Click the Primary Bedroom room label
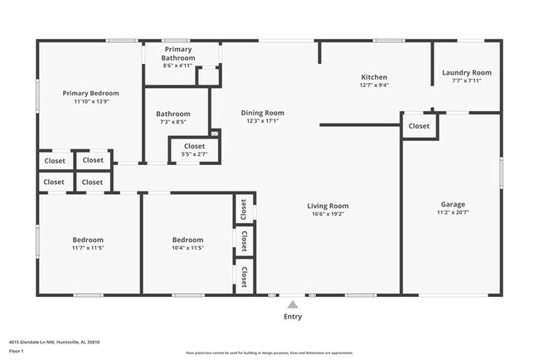point(91,93)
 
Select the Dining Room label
point(262,113)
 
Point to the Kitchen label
point(374,76)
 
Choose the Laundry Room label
point(466,73)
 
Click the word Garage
point(453,204)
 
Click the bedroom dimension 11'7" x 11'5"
point(87,247)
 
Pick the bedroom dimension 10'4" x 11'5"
point(187,247)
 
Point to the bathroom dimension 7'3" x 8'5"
point(173,121)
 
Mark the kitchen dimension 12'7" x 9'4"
point(374,85)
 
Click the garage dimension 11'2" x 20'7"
point(453,212)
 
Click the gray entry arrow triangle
point(292,304)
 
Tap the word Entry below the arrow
point(293,317)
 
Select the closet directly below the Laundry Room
point(419,126)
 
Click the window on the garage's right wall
point(501,175)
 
